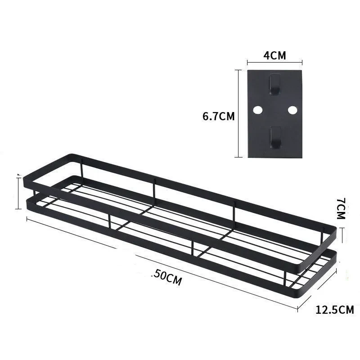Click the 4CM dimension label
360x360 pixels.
274,56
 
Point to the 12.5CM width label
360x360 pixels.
334,310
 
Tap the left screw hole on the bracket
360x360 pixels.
258,110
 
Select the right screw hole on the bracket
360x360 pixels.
292,110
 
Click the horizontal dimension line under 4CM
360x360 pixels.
274,63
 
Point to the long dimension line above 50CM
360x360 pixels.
162,263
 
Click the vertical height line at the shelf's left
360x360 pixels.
18,193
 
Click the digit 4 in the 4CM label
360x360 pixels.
265,56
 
